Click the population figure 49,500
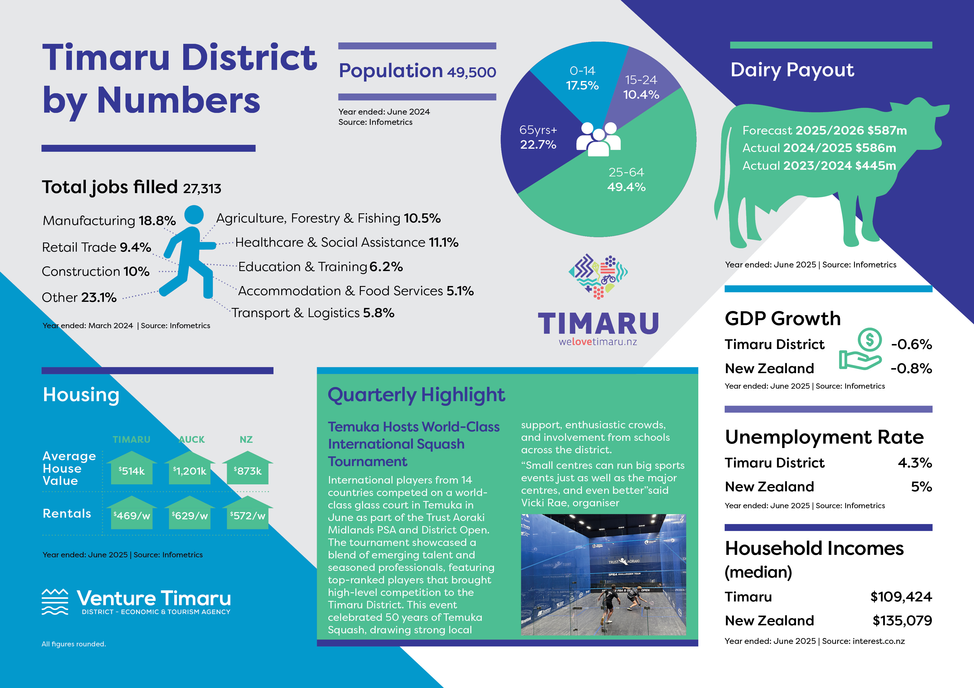(x=471, y=72)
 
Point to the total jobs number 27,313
(x=202, y=188)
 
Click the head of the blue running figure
(x=194, y=214)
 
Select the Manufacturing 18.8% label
(x=109, y=221)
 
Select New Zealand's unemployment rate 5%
(x=922, y=487)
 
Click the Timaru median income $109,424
(x=901, y=597)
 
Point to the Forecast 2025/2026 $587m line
(x=824, y=130)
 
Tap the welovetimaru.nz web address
(x=598, y=342)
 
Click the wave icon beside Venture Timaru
(x=55, y=601)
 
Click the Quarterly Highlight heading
(x=416, y=395)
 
